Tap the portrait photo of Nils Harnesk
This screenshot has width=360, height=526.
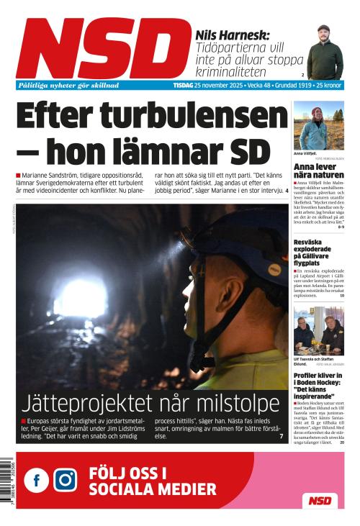325,53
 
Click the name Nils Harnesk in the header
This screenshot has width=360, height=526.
232,34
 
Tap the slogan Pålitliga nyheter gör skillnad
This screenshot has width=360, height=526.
68,85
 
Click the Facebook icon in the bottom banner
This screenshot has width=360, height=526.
36,479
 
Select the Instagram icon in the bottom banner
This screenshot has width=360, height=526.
65,479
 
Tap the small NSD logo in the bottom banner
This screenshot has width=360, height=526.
320,500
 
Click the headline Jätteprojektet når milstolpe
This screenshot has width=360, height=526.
150,402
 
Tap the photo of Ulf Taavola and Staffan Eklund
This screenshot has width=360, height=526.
318,330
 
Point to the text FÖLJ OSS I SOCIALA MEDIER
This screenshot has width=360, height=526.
152,481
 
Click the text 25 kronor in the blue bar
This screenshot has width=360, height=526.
329,85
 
